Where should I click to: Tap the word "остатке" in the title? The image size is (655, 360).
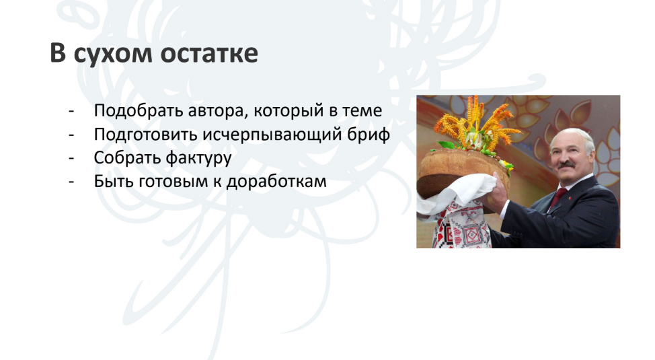point(209,54)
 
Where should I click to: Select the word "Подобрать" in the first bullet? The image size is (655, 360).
point(139,111)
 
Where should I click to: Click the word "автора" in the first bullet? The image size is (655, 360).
point(218,111)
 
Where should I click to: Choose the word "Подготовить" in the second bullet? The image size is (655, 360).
point(146,135)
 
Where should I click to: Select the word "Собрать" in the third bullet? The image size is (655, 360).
point(127,157)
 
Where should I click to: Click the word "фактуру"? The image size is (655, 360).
point(198,158)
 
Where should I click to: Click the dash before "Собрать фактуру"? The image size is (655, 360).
point(71,159)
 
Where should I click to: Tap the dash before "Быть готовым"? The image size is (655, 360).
point(71,182)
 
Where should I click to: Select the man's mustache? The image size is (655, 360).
point(566,164)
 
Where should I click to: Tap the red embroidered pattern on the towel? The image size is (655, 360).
point(465,228)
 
